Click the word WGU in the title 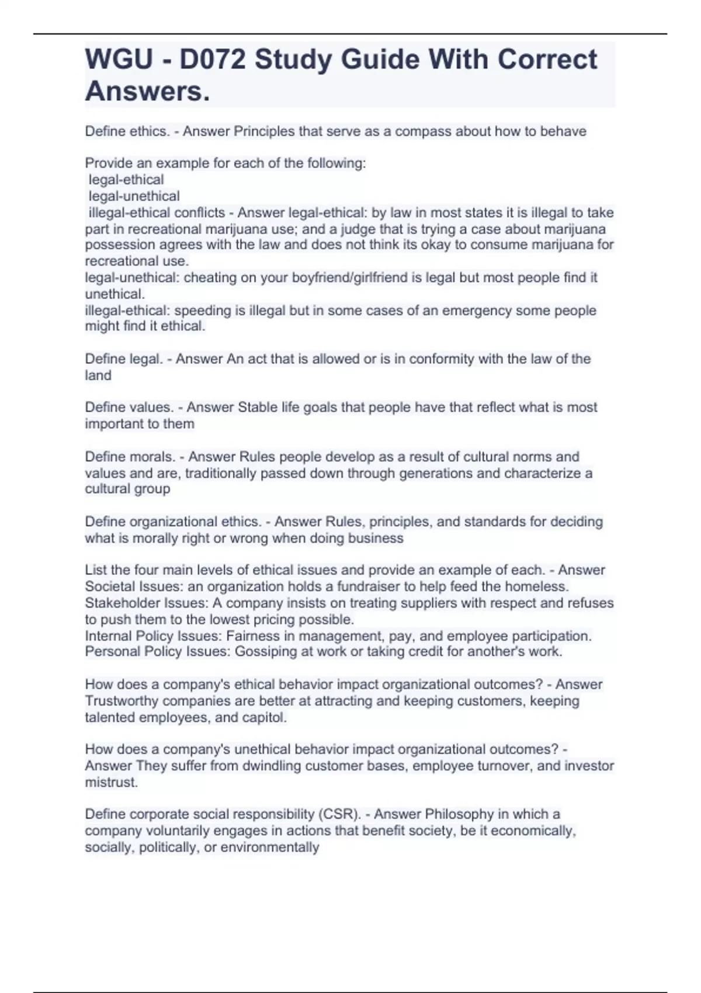tap(119, 60)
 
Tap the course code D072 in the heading tap(213, 60)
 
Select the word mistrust tap(111, 782)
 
